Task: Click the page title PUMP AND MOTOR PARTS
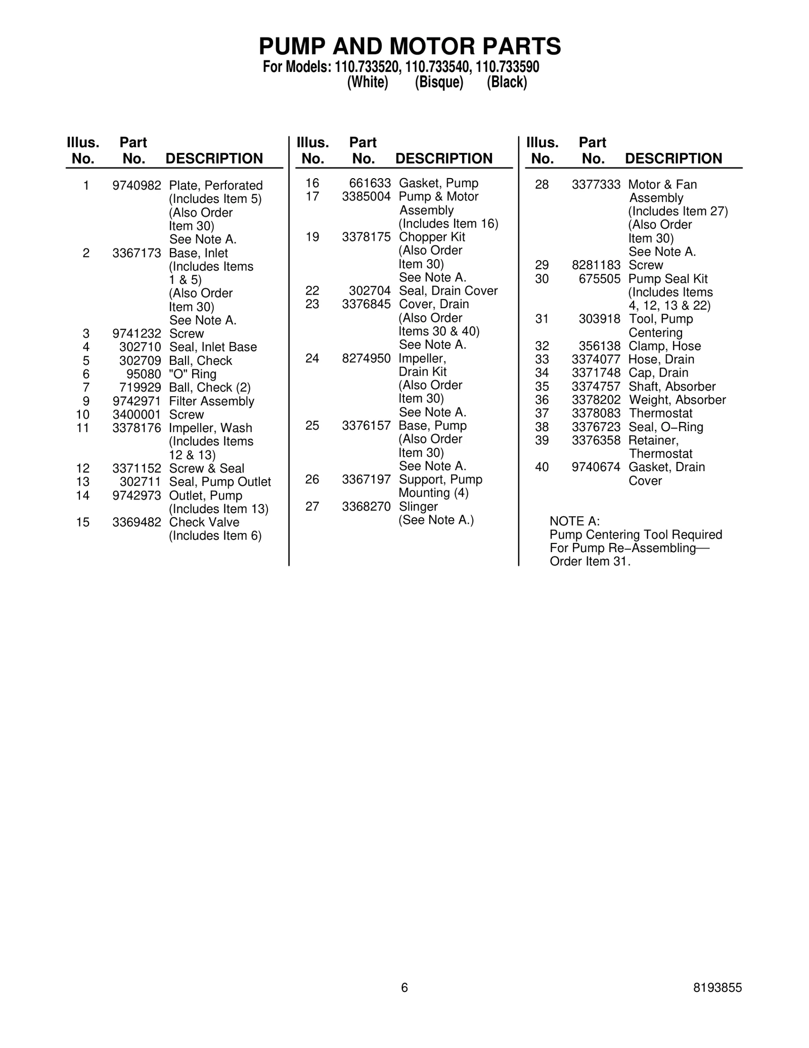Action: [x=410, y=47]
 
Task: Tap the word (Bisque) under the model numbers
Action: [x=439, y=82]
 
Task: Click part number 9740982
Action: [x=137, y=186]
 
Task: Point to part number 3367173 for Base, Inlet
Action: [x=137, y=253]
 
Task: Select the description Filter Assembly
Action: [x=211, y=401]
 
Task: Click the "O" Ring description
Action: [x=193, y=374]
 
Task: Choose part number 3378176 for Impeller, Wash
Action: [x=137, y=428]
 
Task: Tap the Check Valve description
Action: [x=204, y=522]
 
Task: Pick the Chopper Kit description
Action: [x=432, y=237]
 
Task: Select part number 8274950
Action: [x=366, y=358]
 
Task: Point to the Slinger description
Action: [x=418, y=507]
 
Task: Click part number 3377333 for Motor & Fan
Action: [x=596, y=185]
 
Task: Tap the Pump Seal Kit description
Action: [x=667, y=279]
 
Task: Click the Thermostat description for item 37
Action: [x=660, y=413]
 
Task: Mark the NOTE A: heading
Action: [x=574, y=521]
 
